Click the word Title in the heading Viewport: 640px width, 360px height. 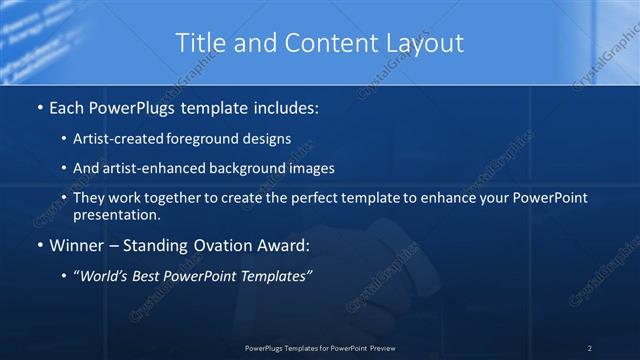[x=198, y=43]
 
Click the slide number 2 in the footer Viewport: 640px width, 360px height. [x=590, y=348]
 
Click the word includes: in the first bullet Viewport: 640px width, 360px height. [x=287, y=106]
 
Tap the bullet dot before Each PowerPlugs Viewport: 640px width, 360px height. [x=38, y=106]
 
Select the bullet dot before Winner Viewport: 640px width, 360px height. [x=38, y=244]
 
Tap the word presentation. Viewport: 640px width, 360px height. [x=115, y=214]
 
